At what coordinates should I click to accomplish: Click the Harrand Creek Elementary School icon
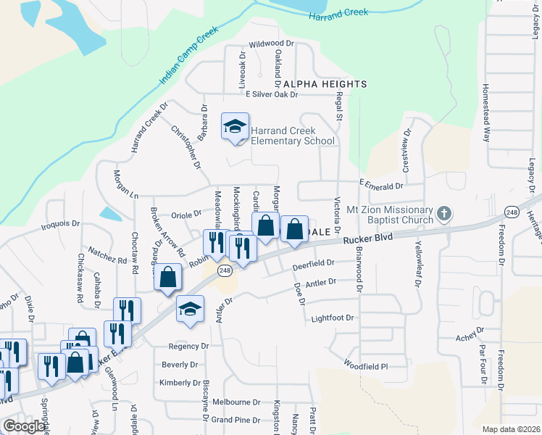click(x=235, y=127)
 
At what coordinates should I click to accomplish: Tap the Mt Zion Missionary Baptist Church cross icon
click(x=444, y=215)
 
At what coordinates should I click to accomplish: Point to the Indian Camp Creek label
click(x=188, y=55)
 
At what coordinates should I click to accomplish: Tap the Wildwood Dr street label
click(x=272, y=43)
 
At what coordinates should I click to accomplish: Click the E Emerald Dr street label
click(x=380, y=186)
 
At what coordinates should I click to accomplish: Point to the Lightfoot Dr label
click(x=333, y=318)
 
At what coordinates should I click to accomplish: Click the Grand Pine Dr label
click(x=235, y=420)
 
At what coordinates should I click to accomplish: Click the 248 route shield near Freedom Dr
click(x=512, y=211)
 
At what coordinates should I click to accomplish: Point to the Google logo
click(x=23, y=426)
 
